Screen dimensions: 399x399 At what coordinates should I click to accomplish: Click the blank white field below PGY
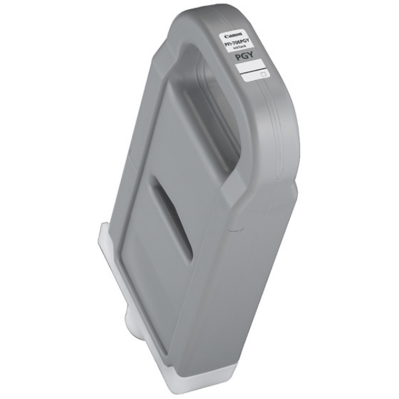pyautogui.click(x=252, y=66)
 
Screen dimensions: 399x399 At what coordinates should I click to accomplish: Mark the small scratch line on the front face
pyautogui.click(x=232, y=229)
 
